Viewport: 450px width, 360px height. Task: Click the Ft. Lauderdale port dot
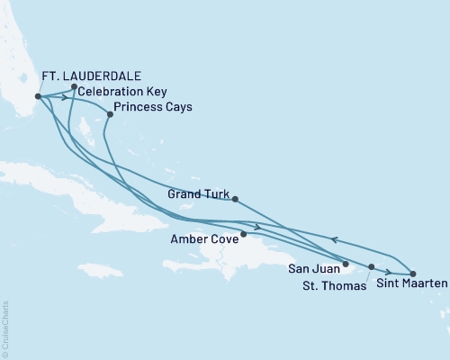click(38, 96)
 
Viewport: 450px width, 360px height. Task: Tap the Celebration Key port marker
click(74, 87)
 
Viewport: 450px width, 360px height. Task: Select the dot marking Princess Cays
click(110, 114)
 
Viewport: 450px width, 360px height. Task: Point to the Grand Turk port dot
click(234, 199)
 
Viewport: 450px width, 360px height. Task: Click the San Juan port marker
click(346, 264)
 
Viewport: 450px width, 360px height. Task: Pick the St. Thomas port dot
click(371, 267)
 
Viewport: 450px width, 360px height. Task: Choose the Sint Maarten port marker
click(412, 273)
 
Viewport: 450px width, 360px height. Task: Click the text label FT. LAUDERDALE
click(92, 75)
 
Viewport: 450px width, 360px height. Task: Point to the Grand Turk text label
click(197, 193)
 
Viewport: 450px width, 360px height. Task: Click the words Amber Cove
click(204, 240)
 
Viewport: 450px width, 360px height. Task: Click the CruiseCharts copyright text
click(4, 328)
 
